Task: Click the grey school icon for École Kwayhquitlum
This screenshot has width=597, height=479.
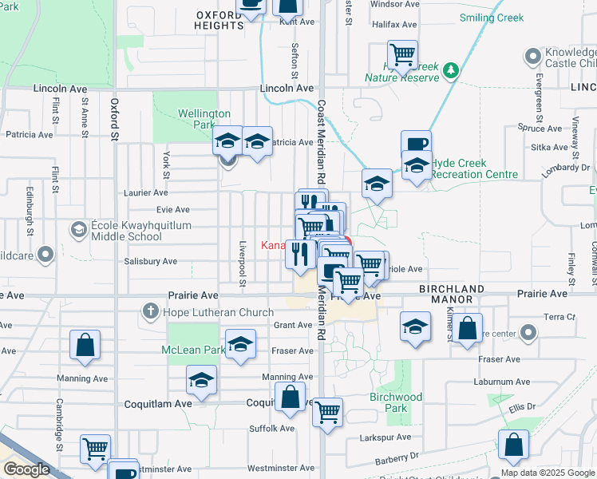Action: tap(78, 231)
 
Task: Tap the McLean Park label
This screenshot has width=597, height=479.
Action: tap(192, 350)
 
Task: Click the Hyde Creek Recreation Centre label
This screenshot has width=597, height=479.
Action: tap(474, 168)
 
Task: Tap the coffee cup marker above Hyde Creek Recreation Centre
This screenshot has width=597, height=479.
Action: tap(416, 144)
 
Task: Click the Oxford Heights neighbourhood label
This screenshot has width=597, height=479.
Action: tap(218, 20)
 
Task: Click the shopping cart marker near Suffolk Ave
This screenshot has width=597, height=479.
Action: tap(327, 412)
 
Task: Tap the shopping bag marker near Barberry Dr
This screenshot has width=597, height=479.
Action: tap(514, 445)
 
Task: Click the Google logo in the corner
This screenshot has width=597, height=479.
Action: tap(26, 469)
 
